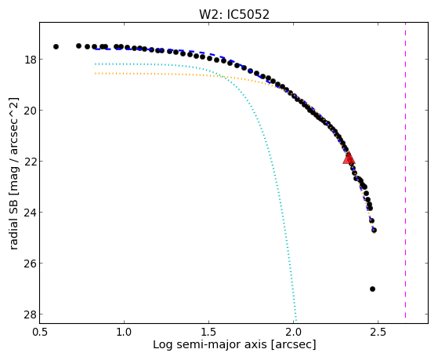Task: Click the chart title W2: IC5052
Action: pyautogui.click(x=234, y=15)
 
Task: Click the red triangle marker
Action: pyautogui.click(x=349, y=158)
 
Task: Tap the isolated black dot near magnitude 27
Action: pyautogui.click(x=372, y=289)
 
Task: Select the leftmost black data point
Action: pyautogui.click(x=56, y=46)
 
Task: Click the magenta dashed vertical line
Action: pyautogui.click(x=405, y=170)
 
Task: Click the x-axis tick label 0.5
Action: pyautogui.click(x=39, y=332)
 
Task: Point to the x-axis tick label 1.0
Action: pyautogui.click(x=124, y=332)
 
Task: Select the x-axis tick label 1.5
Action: pyautogui.click(x=208, y=332)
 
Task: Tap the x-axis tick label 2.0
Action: pyautogui.click(x=293, y=332)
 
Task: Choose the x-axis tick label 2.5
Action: pyautogui.click(x=378, y=332)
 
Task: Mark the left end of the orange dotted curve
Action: pyautogui.click(x=96, y=74)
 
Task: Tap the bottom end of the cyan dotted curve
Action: pyautogui.click(x=296, y=321)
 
